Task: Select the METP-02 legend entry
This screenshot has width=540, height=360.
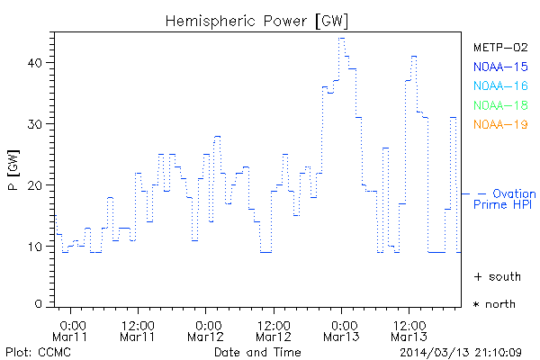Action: tap(500, 47)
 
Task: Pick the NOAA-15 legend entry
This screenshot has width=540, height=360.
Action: tap(500, 67)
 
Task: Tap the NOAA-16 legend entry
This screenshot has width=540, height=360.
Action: tap(500, 86)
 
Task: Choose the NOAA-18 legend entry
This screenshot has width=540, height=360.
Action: tap(500, 105)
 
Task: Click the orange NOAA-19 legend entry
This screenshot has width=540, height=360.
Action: tap(500, 124)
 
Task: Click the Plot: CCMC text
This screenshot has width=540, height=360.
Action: tap(35, 351)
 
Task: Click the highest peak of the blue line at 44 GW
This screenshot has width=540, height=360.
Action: tap(341, 38)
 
